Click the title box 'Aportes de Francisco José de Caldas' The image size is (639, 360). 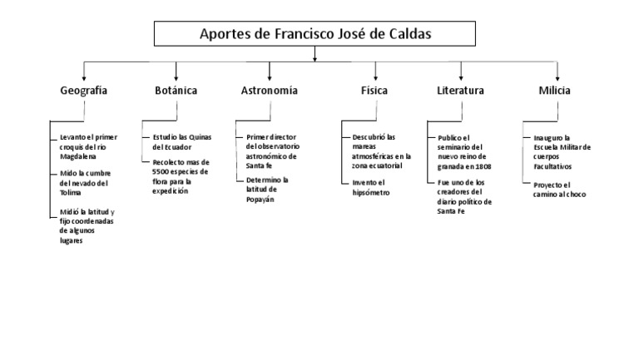coord(315,34)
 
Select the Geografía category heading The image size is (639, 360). coord(83,91)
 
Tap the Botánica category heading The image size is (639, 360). coord(176,91)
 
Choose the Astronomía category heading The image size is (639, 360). coord(269,91)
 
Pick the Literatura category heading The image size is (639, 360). coord(460,91)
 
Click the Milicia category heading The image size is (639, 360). coord(554,91)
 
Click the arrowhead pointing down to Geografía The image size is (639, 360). coord(83,76)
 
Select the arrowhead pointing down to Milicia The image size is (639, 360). coord(558,76)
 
